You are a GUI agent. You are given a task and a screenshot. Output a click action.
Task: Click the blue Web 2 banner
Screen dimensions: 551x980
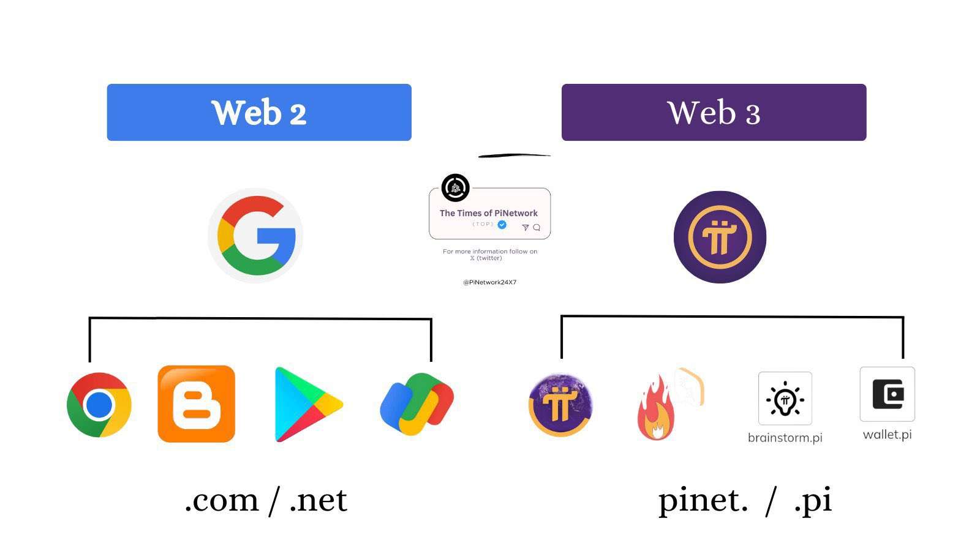pos(259,113)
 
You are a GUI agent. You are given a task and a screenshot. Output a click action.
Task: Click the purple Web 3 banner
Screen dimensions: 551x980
pos(714,113)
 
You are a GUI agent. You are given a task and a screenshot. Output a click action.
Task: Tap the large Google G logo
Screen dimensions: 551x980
pos(255,236)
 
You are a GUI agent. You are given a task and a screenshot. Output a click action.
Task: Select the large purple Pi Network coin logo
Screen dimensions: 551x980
pos(720,237)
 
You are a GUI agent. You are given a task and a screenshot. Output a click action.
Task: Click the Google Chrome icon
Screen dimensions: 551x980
pos(99,405)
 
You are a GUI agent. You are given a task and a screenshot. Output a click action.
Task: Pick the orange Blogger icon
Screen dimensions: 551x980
pos(196,404)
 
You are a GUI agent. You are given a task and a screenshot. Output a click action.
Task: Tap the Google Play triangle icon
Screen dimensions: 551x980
pos(306,404)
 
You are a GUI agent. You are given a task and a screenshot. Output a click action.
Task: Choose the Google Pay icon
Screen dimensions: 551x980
pos(417,404)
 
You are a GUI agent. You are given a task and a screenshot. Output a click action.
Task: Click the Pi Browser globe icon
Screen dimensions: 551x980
pos(560,405)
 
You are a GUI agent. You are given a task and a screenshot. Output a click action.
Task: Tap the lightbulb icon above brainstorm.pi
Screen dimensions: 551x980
pos(785,399)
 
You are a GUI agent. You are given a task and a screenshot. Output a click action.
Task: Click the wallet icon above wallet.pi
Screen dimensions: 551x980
pos(887,394)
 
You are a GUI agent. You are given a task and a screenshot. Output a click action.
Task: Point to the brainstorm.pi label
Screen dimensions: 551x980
pos(785,438)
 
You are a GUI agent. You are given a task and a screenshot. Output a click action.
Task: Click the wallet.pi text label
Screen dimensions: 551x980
pos(887,435)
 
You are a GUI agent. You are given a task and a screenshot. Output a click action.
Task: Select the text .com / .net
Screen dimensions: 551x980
pos(266,500)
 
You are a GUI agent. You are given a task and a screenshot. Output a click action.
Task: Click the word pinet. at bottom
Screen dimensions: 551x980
pos(703,501)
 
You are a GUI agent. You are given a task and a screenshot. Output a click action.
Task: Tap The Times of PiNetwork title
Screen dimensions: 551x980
pos(489,213)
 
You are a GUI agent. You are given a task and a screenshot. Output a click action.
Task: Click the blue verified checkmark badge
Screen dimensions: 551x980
pos(502,225)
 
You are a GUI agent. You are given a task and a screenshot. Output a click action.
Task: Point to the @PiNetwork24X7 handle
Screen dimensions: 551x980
pos(489,282)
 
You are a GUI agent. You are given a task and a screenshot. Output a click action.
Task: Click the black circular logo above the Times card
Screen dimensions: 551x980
pos(455,188)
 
